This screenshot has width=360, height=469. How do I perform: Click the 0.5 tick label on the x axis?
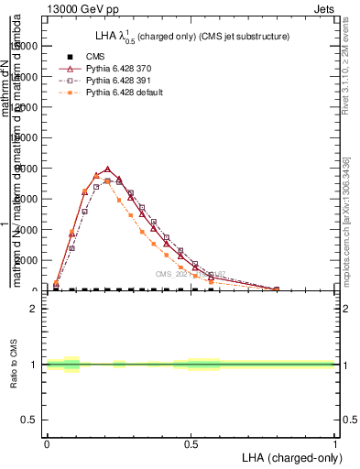191,443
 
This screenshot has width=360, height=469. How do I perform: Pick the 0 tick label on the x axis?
47,443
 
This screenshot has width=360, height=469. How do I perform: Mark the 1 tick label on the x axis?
335,443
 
